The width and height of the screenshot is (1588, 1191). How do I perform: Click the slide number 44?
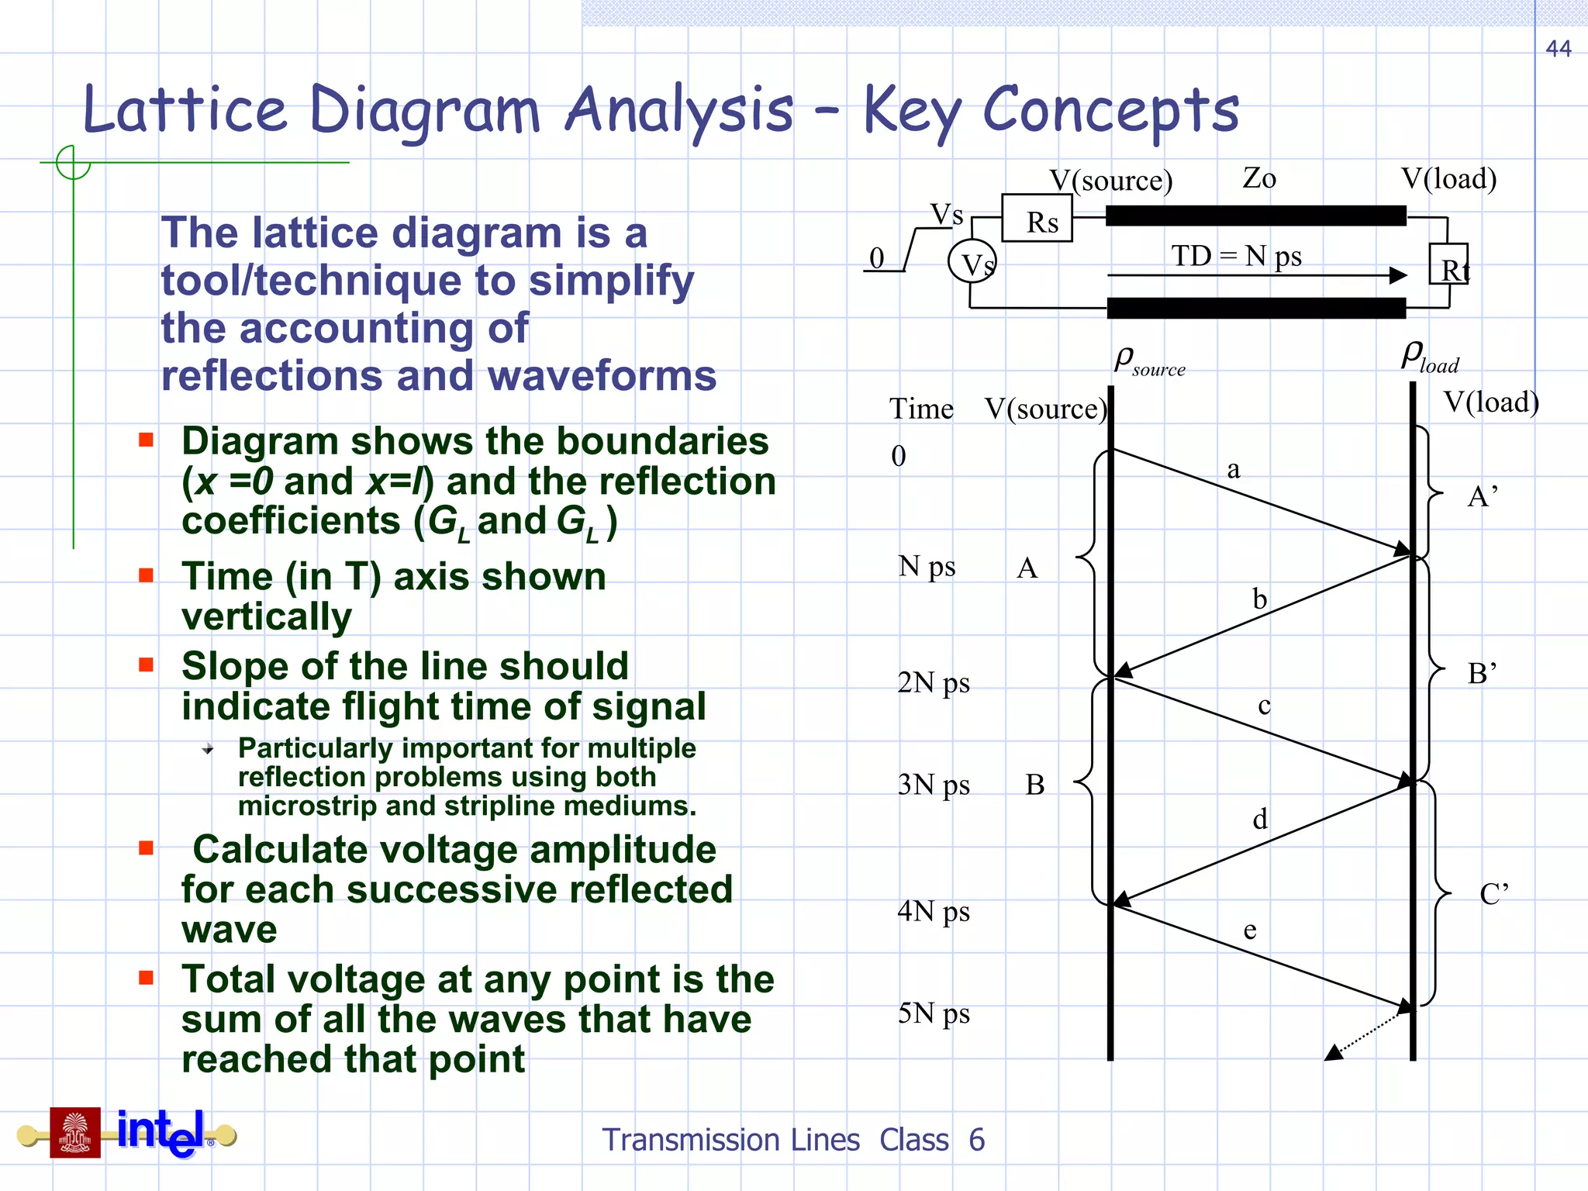[x=1558, y=49]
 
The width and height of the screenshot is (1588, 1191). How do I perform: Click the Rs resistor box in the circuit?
[x=1037, y=219]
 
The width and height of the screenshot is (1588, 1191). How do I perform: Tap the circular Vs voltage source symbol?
[x=972, y=262]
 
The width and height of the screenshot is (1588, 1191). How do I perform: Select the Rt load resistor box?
[x=1449, y=265]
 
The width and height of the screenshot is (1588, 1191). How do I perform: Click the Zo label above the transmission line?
[x=1258, y=178]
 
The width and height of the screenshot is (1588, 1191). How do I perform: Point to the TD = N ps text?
[x=1236, y=256]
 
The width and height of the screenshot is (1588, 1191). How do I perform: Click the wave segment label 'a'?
[x=1234, y=470]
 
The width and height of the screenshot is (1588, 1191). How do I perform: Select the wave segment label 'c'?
[x=1264, y=706]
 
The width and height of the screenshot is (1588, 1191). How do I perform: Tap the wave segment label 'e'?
[x=1250, y=929]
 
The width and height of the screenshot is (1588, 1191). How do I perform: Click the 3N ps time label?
[x=934, y=785]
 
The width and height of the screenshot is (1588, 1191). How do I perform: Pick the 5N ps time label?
[x=934, y=1013]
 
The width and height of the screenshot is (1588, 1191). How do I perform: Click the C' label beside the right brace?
[x=1493, y=894]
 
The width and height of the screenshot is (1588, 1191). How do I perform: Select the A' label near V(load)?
[x=1482, y=496]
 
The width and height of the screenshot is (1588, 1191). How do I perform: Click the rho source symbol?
[x=1149, y=361]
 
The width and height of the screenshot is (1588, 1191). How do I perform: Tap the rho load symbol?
[x=1430, y=357]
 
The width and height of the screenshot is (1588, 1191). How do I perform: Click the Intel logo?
[x=161, y=1132]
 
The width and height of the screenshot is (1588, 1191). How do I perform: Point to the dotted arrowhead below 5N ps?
[x=1334, y=1052]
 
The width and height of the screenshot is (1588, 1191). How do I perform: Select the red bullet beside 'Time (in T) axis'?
[x=146, y=575]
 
